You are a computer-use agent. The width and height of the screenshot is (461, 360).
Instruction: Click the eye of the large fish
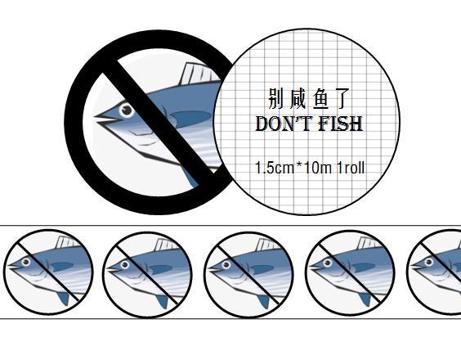pos(127,110)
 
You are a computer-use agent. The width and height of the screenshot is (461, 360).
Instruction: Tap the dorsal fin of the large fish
pos(200,73)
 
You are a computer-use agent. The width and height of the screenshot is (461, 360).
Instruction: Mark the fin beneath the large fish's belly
pos(191,176)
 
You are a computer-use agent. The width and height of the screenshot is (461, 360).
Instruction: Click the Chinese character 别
pos(275,98)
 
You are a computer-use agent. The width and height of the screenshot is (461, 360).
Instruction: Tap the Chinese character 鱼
pos(320,98)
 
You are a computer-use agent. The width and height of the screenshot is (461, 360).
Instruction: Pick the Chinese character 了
pos(342,98)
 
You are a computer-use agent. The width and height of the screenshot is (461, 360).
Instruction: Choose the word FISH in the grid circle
pos(341,124)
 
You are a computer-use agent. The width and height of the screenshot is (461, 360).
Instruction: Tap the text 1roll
pos(351,168)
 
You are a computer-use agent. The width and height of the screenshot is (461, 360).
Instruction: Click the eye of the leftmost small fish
pos(26,262)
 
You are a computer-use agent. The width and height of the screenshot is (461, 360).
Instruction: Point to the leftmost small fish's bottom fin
pos(63,298)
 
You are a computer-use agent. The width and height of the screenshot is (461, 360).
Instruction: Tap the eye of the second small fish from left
pos(125,264)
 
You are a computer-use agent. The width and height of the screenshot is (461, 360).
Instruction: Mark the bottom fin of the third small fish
pos(263,301)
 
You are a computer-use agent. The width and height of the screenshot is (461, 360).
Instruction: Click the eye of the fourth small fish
pos(327,263)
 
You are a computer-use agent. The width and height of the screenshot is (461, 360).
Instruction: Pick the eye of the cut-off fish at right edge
pos(428,262)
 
